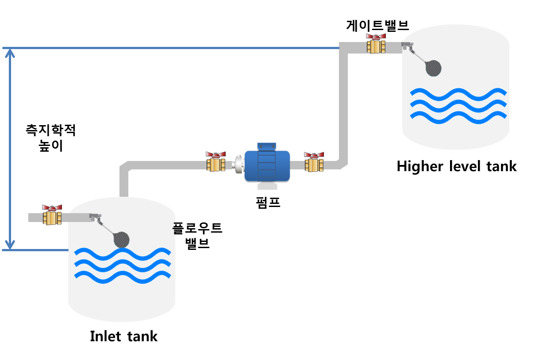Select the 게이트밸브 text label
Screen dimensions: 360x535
(x=377, y=25)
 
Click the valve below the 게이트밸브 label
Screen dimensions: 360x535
(x=376, y=44)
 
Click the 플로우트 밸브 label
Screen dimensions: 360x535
(x=197, y=236)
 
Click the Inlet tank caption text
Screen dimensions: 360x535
(x=123, y=336)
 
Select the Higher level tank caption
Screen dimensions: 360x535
(x=456, y=167)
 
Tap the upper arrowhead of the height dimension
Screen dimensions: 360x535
(x=10, y=54)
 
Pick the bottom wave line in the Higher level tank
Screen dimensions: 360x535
(x=458, y=115)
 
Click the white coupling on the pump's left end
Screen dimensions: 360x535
(x=238, y=164)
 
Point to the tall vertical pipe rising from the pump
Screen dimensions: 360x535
(x=344, y=106)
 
